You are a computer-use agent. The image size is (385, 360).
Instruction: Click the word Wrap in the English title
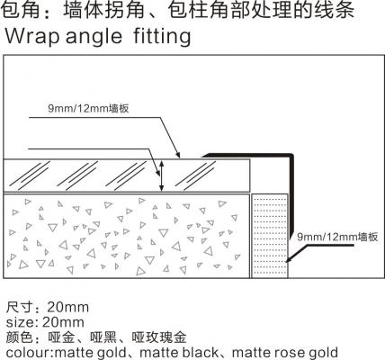click(32, 36)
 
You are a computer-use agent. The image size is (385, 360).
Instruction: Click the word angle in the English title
click(94, 37)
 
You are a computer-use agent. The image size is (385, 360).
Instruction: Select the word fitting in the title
click(162, 37)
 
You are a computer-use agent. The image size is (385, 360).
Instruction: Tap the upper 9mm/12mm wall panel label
click(88, 108)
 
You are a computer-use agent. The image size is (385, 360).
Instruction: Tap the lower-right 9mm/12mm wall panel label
click(337, 237)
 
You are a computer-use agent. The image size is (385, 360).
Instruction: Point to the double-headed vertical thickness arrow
click(161, 175)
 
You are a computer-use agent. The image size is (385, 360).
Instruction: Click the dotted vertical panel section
click(270, 236)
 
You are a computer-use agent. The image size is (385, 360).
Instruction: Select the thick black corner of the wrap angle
click(290, 157)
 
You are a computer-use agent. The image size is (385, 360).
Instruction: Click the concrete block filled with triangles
click(126, 236)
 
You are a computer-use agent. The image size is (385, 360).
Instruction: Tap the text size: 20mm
click(45, 322)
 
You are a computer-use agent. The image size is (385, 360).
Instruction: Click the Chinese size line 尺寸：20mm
click(48, 307)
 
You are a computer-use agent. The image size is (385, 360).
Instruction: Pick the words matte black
click(179, 353)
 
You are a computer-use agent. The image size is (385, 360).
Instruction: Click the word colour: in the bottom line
click(30, 353)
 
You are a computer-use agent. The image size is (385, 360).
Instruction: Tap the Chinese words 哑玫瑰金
click(159, 337)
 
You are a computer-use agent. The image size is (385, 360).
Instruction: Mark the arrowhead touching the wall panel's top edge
click(178, 155)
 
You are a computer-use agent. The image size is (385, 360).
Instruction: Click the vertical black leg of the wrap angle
click(291, 196)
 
